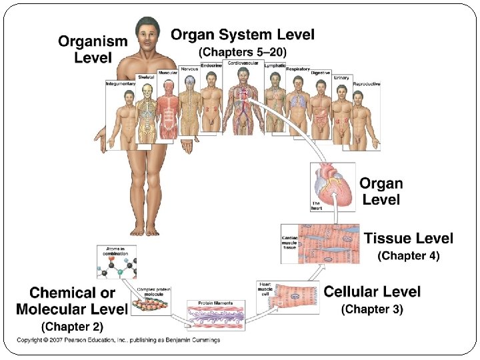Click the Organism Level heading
(x=92, y=49)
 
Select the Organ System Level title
(x=243, y=35)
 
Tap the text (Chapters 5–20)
(x=243, y=52)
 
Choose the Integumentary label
(x=120, y=83)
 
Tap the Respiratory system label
(x=297, y=69)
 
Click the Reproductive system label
(x=367, y=84)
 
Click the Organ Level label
(x=382, y=191)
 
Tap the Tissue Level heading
(x=408, y=239)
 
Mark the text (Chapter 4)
(x=409, y=255)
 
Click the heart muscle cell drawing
(x=293, y=297)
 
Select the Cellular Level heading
(x=372, y=292)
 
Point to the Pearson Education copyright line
(x=118, y=340)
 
